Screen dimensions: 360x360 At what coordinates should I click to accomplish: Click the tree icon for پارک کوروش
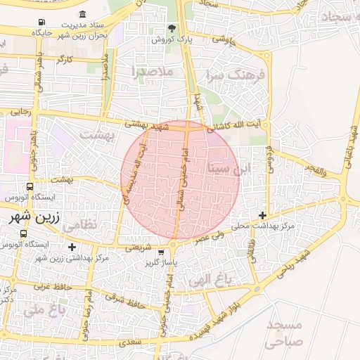tap(172, 28)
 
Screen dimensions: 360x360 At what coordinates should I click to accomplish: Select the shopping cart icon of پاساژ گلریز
tap(162, 252)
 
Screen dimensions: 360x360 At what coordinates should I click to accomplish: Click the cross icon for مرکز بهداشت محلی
tap(263, 214)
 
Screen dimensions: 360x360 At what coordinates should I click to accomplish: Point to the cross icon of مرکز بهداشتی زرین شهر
tap(72, 247)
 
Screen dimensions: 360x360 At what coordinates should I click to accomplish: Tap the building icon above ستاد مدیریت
tap(83, 15)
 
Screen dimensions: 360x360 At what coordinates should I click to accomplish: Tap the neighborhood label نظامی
tap(82, 226)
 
